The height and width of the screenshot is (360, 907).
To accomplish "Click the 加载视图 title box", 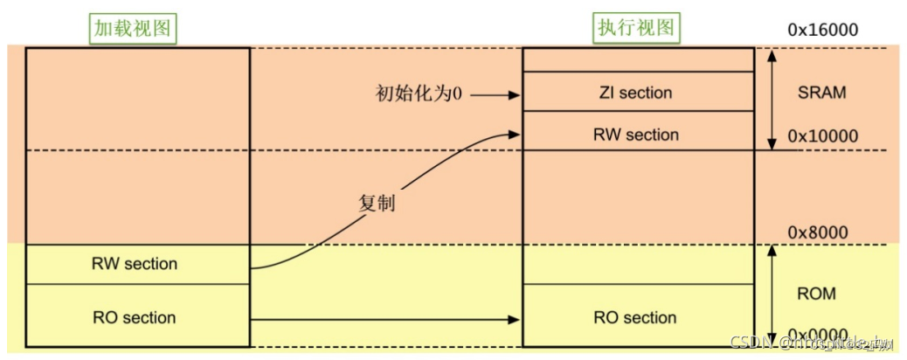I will pyautogui.click(x=135, y=29).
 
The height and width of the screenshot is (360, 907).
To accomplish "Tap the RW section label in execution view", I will pyautogui.click(x=635, y=135).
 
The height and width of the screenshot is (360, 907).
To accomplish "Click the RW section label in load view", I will pyautogui.click(x=135, y=264).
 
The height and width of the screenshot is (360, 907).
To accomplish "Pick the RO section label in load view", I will pyautogui.click(x=135, y=317).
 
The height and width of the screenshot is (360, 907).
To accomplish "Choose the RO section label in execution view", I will pyautogui.click(x=635, y=317).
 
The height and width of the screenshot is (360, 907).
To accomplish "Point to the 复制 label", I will pyautogui.click(x=377, y=202).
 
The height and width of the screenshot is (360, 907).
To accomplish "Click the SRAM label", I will pyautogui.click(x=822, y=93).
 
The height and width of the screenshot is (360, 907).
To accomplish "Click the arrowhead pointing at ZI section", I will pyautogui.click(x=514, y=93).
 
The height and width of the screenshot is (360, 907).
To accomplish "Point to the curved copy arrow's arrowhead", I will pyautogui.click(x=514, y=134).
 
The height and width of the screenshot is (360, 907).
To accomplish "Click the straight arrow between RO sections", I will pyautogui.click(x=384, y=318).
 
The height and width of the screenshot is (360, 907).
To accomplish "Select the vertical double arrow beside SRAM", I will pyautogui.click(x=772, y=99).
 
